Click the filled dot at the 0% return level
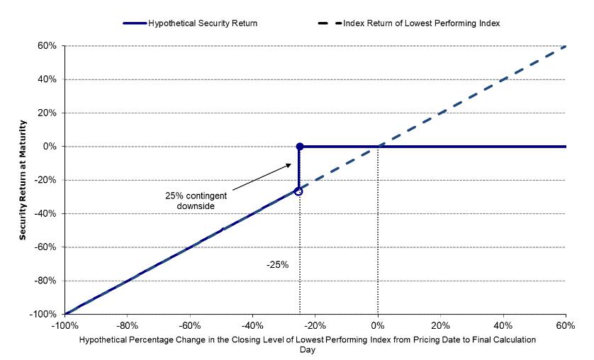pos(300,147)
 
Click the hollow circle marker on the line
pos(298,191)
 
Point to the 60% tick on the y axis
pos(47,46)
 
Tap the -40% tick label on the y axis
pos(45,214)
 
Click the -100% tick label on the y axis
pos(43,314)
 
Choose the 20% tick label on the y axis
pos(47,113)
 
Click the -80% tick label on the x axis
pos(128,326)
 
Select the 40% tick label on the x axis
pos(503,326)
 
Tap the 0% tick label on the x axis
pos(378,326)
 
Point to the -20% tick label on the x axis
pos(315,326)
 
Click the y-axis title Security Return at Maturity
pos(23,180)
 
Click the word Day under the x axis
pos(308,349)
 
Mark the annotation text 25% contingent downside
pos(196,201)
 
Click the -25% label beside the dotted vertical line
pos(278,265)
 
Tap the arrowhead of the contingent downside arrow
pos(288,165)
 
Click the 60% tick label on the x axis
pos(566,326)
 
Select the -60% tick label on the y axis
pos(45,247)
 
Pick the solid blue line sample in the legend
pos(135,23)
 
